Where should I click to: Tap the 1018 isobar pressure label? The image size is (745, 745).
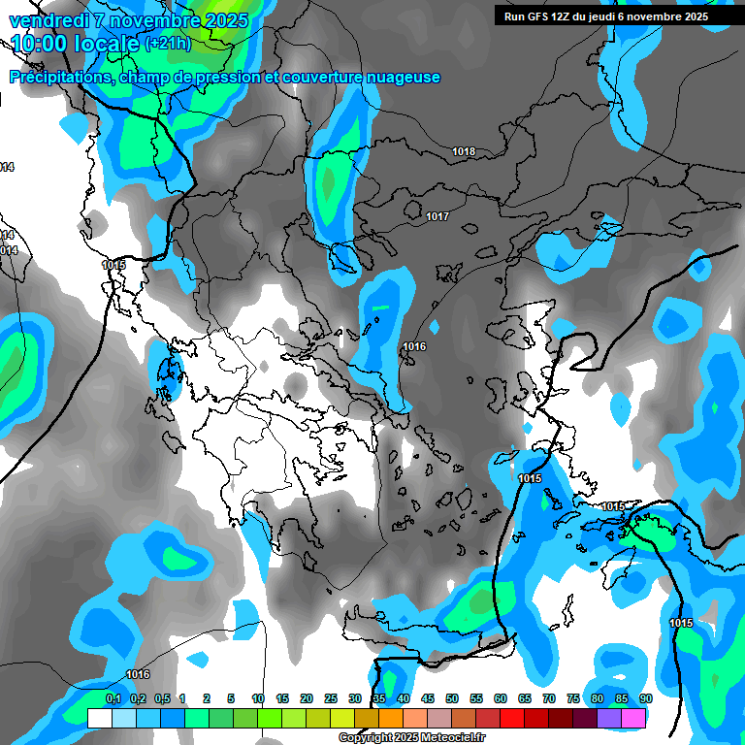pos(464,151)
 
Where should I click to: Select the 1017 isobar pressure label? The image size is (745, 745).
pos(437,216)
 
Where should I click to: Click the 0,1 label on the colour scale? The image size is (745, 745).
pos(113,698)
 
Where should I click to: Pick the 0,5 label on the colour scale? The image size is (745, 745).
pos(161,698)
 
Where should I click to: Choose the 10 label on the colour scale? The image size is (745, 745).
pos(258,698)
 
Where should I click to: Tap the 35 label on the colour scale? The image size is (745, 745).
pos(379,698)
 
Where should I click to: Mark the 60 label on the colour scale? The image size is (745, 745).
pos(501,698)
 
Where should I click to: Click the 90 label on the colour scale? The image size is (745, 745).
pos(645,698)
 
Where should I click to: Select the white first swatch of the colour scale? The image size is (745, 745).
pos(99,718)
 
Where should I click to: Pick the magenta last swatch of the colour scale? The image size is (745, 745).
pos(633,718)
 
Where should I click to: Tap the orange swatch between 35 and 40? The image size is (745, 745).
pos(391,718)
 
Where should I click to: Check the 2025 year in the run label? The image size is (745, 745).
pos(695,16)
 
